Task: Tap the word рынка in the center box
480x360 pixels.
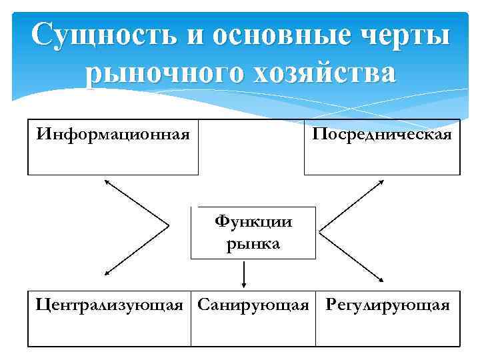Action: (x=253, y=243)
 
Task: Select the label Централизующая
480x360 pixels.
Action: (x=109, y=305)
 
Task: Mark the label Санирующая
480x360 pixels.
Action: (x=253, y=305)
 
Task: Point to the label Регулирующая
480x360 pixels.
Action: (x=387, y=305)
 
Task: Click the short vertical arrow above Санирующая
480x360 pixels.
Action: (x=245, y=273)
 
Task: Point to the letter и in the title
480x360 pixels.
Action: (x=195, y=35)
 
